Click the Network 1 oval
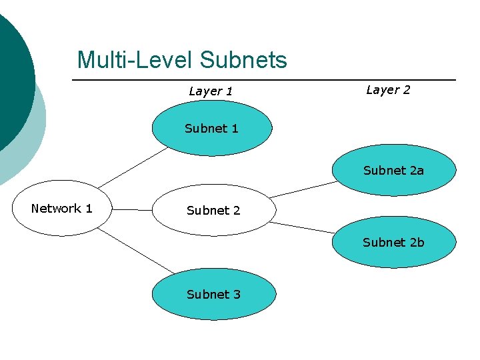pyautogui.click(x=61, y=209)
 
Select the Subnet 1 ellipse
pyautogui.click(x=211, y=129)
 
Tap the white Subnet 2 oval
pyautogui.click(x=213, y=211)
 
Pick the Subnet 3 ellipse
pyautogui.click(x=213, y=295)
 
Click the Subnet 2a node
pyautogui.click(x=394, y=171)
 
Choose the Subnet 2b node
pyautogui.click(x=394, y=243)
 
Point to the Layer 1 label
pyautogui.click(x=211, y=91)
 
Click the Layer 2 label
pyautogui.click(x=388, y=90)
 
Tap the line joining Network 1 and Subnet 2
pyautogui.click(x=131, y=209)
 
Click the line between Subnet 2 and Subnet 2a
pyautogui.click(x=303, y=189)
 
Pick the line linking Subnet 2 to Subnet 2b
pyautogui.click(x=303, y=227)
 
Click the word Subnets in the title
pyautogui.click(x=243, y=60)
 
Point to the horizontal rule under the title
pyautogui.click(x=267, y=80)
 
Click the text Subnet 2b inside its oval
pyautogui.click(x=393, y=243)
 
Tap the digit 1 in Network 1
pyautogui.click(x=89, y=209)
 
